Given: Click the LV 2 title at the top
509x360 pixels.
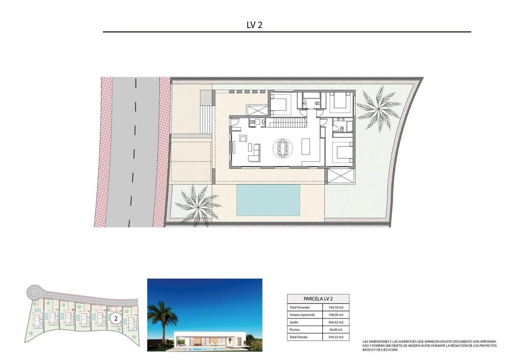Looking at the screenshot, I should (x=254, y=25).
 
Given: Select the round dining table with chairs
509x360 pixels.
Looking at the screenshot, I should (x=283, y=149).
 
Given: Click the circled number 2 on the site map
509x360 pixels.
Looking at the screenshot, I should (x=115, y=319).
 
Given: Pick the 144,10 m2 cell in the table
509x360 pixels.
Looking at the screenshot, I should (x=336, y=307).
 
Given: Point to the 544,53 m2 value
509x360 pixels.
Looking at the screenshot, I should (x=336, y=337).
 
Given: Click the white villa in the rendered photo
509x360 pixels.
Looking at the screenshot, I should (x=210, y=340).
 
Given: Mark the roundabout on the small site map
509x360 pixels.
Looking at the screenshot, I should (x=33, y=293).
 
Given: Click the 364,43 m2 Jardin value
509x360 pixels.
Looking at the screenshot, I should (x=336, y=322).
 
